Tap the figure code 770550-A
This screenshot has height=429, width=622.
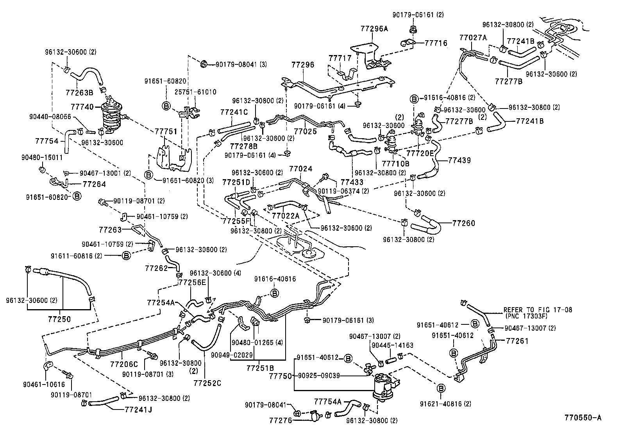[x=582, y=418]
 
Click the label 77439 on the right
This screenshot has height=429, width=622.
[x=459, y=160]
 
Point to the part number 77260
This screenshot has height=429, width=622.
[x=464, y=223]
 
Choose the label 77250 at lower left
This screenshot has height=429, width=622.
[x=59, y=319]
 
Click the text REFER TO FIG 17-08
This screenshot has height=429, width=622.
[x=538, y=310]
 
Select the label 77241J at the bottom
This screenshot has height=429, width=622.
[x=138, y=410]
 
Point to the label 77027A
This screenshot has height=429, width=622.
[x=473, y=37]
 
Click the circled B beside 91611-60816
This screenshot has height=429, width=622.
[x=126, y=256]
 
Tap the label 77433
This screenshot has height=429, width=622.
[x=352, y=182]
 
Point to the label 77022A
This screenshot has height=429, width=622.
[x=286, y=215]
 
